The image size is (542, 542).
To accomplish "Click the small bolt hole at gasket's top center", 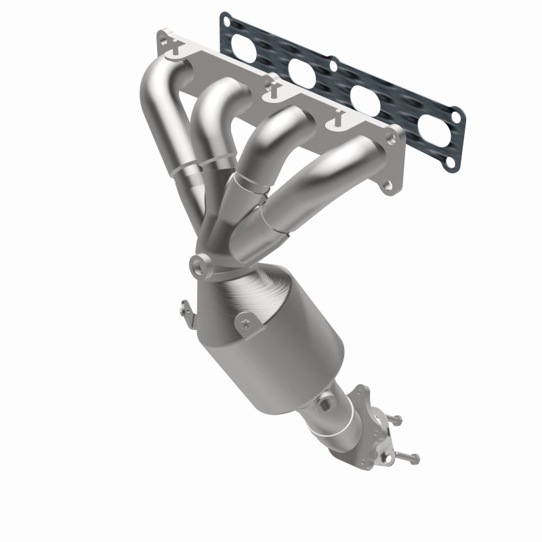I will [333, 66].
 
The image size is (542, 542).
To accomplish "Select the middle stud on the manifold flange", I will [271, 87].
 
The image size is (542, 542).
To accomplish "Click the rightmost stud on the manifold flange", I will [333, 123].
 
